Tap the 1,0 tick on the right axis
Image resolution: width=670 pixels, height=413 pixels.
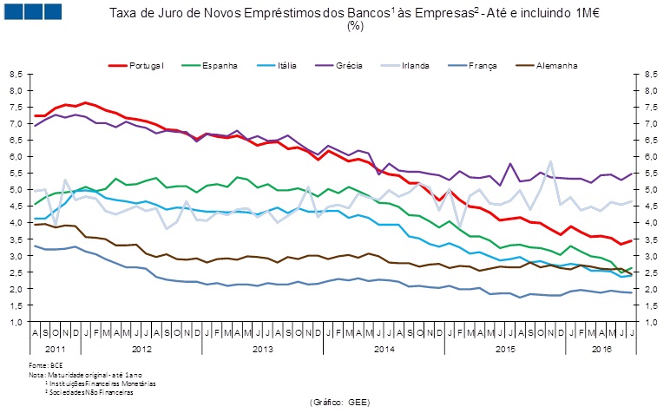click(x=652, y=322)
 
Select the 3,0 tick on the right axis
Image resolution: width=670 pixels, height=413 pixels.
click(x=652, y=256)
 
